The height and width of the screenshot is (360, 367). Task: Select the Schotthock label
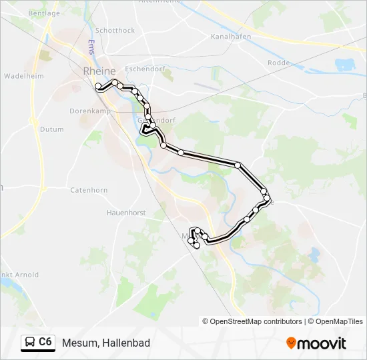(x=115, y=31)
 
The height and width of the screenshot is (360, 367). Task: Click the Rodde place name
(x=278, y=63)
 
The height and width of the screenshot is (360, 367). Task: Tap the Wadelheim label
(x=24, y=77)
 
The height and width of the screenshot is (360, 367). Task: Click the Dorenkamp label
(x=85, y=112)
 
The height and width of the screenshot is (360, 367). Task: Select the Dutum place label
(x=51, y=129)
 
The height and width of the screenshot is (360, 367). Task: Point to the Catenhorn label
(x=89, y=190)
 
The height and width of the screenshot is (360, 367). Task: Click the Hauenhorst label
(x=125, y=213)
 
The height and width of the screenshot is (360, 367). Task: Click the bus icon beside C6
(x=30, y=343)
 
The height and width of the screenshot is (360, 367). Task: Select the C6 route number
(x=45, y=343)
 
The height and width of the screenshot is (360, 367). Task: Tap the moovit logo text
(x=322, y=343)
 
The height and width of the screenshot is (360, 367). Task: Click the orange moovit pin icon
(x=291, y=343)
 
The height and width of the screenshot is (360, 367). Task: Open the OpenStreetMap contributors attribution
(x=256, y=321)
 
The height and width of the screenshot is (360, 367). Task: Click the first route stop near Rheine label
(x=98, y=85)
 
